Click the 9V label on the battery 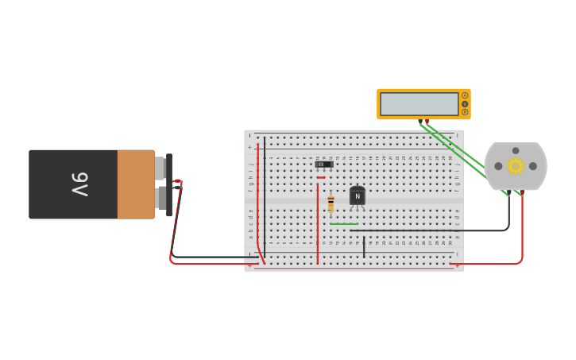click(x=79, y=184)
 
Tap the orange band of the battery click(x=136, y=184)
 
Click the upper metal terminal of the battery click(x=160, y=168)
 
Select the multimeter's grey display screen click(x=419, y=104)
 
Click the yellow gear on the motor click(x=516, y=166)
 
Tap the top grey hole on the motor click(x=516, y=150)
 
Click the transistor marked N click(x=358, y=196)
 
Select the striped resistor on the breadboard click(x=331, y=204)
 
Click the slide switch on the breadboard click(x=324, y=165)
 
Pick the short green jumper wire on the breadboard click(x=344, y=224)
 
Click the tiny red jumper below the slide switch click(x=321, y=177)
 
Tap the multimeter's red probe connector click(x=427, y=121)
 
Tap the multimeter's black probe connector click(x=420, y=121)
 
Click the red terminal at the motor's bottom click(x=521, y=192)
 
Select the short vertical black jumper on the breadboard click(x=364, y=246)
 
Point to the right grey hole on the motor click(x=533, y=166)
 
